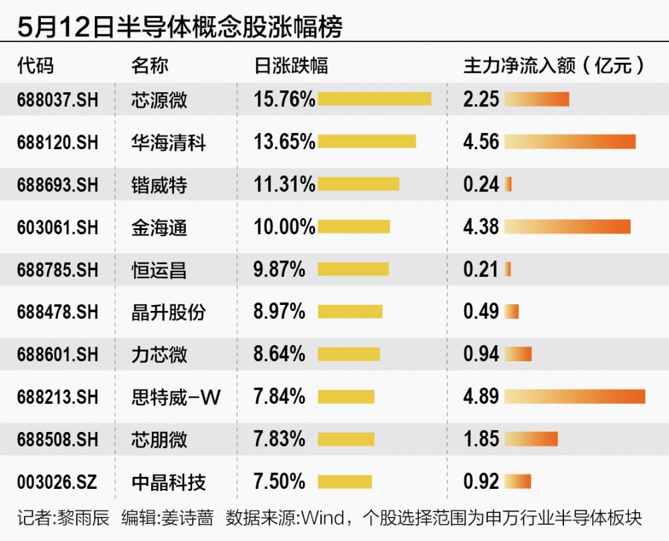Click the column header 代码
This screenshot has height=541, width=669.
35,66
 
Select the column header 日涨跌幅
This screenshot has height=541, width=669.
292,66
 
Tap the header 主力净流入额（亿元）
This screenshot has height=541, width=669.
554,66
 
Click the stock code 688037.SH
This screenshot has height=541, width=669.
58,100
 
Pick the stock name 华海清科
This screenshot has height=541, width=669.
169,142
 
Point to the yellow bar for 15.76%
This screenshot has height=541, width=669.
374,99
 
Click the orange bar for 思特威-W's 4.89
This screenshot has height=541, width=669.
575,397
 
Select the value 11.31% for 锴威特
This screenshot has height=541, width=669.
284,184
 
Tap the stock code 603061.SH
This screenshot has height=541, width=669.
58,227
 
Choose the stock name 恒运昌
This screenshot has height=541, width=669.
159,270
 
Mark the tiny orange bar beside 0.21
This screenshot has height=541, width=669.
507,269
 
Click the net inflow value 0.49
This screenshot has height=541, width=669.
481,311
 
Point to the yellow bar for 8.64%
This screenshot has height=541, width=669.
349,354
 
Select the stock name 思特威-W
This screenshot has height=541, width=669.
176,397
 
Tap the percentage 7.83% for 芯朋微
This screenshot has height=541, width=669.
280,439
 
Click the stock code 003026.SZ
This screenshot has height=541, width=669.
57,481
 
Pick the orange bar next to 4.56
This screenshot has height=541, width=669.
570,142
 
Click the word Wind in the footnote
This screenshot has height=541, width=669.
323,518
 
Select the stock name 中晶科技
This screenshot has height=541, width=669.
169,482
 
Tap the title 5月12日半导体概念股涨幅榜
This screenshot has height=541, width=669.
179,26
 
